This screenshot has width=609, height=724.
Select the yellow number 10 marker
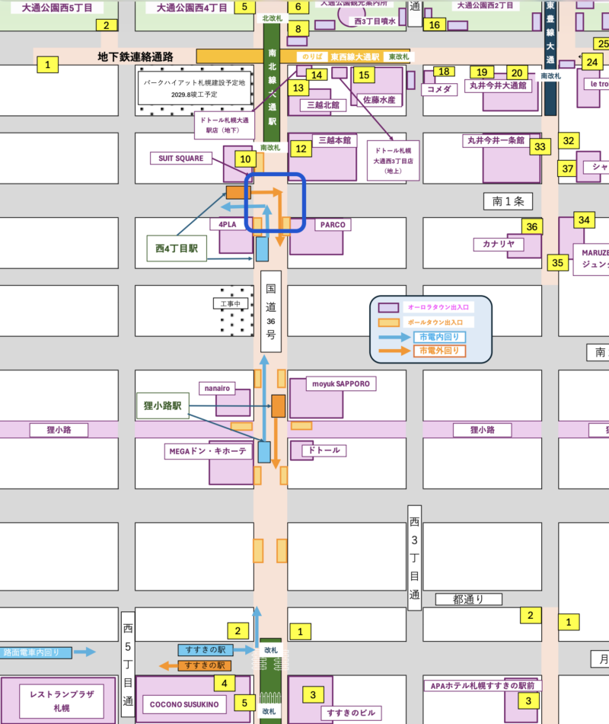pyautogui.click(x=244, y=159)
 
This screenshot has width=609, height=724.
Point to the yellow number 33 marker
pyautogui.click(x=540, y=146)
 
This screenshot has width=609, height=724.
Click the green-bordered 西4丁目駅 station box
pyautogui.click(x=177, y=248)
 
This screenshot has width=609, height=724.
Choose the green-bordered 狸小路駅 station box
pyautogui.click(x=161, y=406)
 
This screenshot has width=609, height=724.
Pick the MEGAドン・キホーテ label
pyautogui.click(x=207, y=451)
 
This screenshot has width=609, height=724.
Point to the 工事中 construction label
pyautogui.click(x=231, y=303)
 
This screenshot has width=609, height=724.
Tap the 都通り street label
pyautogui.click(x=467, y=599)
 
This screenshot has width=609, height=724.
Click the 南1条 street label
pyautogui.click(x=508, y=201)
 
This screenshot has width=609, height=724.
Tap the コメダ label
pyautogui.click(x=438, y=89)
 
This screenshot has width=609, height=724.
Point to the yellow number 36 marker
pyautogui.click(x=532, y=226)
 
